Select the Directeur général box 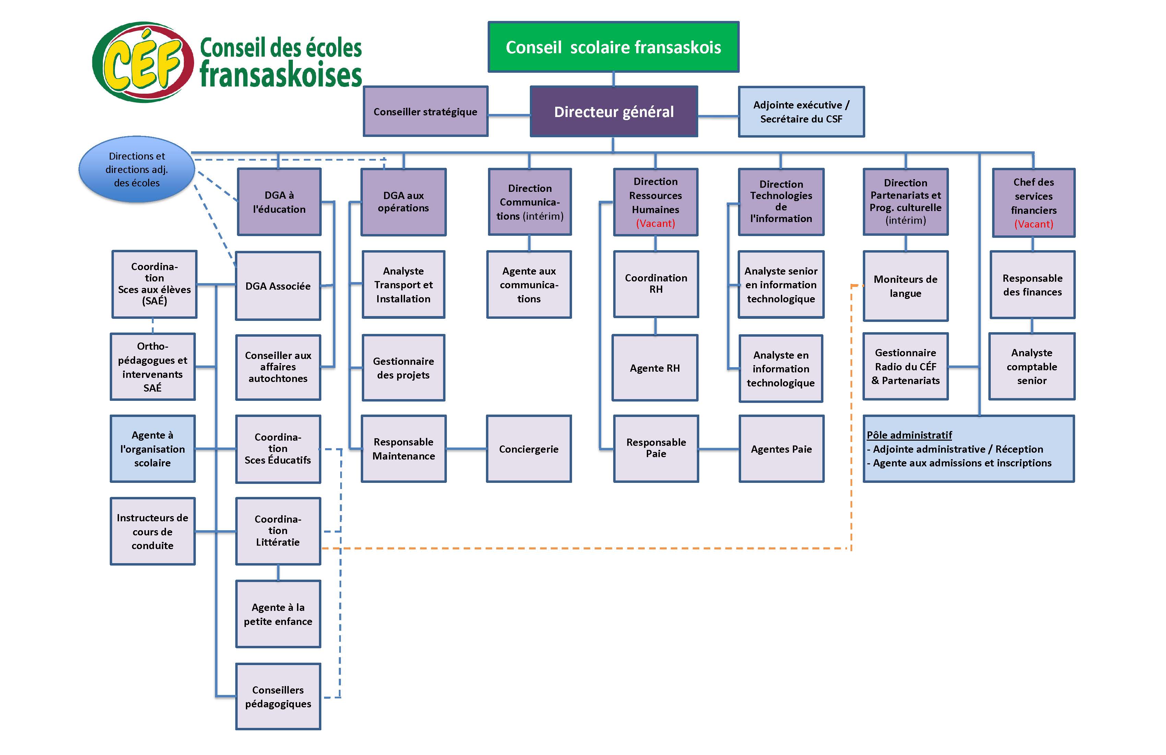point(614,112)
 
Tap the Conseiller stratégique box point(425,112)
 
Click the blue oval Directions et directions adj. point(137,169)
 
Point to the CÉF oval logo point(143,62)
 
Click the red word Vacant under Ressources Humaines point(655,223)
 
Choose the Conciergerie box point(528,449)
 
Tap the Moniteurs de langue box point(905,286)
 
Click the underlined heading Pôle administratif point(909,435)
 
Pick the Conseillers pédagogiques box point(278,697)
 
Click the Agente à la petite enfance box point(278,614)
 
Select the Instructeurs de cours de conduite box point(152,532)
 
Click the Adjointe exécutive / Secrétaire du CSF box point(801,112)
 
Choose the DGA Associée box point(278,286)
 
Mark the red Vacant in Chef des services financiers point(1033,224)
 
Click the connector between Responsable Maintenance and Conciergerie point(466,449)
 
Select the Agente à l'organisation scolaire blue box point(152,449)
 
